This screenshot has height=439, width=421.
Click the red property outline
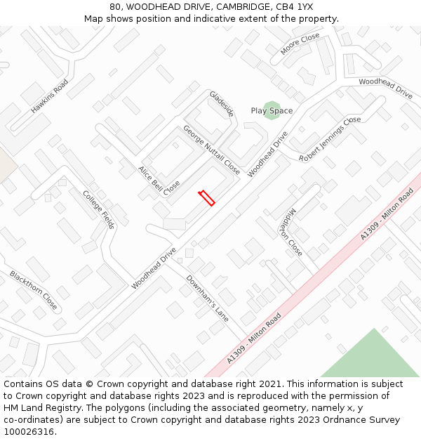(206, 198)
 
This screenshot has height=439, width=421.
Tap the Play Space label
(272, 111)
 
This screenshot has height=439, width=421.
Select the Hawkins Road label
(49, 96)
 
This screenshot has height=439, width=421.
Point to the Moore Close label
(300, 44)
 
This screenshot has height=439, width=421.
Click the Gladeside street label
(221, 103)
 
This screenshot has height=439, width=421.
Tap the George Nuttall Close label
(211, 150)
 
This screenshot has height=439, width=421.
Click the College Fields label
(98, 209)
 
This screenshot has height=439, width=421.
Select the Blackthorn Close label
(34, 290)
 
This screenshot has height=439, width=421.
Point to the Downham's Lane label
(207, 294)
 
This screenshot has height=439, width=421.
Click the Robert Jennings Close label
(330, 139)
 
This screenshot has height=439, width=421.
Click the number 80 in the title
(115, 7)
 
